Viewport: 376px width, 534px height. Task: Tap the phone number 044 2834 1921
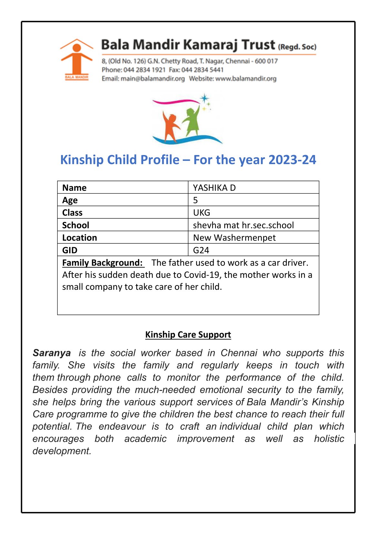[144, 70]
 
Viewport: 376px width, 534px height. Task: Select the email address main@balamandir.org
[152, 79]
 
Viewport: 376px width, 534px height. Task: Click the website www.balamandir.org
[246, 79]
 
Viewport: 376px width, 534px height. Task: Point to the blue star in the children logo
[204, 98]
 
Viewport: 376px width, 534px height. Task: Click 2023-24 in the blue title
[292, 160]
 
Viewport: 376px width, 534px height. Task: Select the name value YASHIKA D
[214, 188]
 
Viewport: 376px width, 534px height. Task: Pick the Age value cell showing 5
[195, 200]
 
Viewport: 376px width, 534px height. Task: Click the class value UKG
[202, 213]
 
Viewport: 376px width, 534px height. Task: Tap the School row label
[76, 225]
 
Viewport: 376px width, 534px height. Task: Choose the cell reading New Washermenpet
[234, 238]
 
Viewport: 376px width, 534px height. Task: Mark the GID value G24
[201, 250]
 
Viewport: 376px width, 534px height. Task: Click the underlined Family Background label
[102, 263]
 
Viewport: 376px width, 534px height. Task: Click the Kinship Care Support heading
[188, 335]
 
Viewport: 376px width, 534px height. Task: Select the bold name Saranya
[52, 353]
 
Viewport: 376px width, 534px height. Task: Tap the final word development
[62, 451]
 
